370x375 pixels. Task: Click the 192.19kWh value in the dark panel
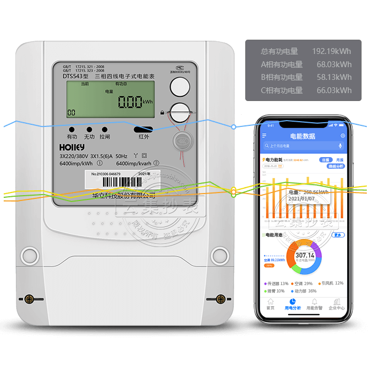pos(331,51)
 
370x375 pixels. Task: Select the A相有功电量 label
pos(282,65)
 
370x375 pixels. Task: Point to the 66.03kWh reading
pos(334,90)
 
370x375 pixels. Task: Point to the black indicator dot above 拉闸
pos(105,129)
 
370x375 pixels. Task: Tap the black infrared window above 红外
pos(143,129)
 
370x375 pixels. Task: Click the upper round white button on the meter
pos(180,86)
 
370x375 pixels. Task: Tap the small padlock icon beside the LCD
pos(162,113)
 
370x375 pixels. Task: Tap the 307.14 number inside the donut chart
pos(304,255)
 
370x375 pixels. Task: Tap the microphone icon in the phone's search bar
pos(340,145)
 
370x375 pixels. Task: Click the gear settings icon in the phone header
pos(343,136)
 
